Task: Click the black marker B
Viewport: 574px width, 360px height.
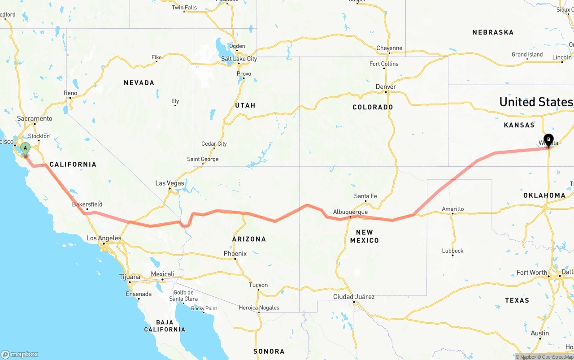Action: [x=548, y=139]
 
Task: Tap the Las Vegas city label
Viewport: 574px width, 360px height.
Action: [x=170, y=183]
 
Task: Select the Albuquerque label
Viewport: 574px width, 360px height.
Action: [x=350, y=212]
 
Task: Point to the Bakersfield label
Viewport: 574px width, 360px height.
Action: [x=87, y=204]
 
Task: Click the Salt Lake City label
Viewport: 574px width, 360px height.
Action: [x=239, y=59]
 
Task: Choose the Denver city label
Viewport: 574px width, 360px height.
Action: [x=386, y=87]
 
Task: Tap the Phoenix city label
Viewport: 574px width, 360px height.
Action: [x=235, y=253]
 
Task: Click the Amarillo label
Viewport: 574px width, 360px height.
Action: [x=452, y=209]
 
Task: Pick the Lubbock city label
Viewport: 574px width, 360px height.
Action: [x=452, y=251]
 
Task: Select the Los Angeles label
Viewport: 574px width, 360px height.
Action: [x=104, y=238]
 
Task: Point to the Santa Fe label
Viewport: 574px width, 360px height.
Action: [x=365, y=196]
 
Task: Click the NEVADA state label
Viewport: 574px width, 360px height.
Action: [x=139, y=83]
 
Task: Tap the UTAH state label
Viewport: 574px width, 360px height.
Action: [x=245, y=105]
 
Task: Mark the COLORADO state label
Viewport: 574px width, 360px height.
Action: [x=373, y=107]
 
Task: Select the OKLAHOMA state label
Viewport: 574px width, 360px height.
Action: [x=544, y=195]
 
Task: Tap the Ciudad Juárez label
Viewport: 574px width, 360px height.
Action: [x=354, y=297]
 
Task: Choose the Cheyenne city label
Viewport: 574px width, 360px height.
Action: [x=389, y=48]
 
